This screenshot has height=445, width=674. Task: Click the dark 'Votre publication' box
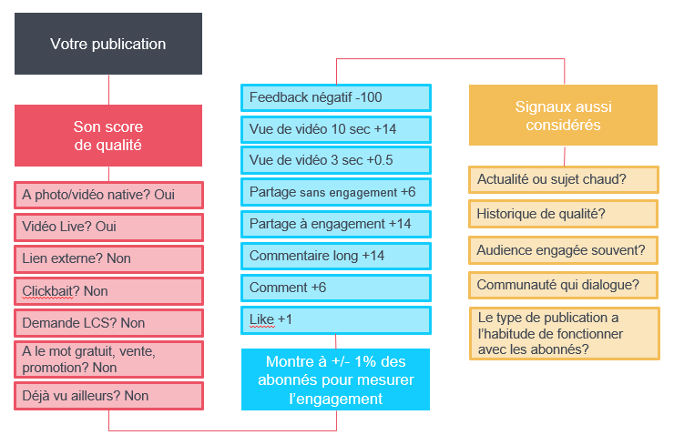click(x=108, y=44)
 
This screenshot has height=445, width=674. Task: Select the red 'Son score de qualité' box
click(x=108, y=136)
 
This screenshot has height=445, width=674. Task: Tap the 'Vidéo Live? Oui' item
click(x=108, y=227)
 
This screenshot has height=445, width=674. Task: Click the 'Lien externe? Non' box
click(x=108, y=258)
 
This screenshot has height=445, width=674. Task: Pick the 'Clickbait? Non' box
click(x=108, y=291)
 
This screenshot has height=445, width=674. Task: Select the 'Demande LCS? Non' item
click(x=108, y=322)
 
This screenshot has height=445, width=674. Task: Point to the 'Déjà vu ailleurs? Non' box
click(x=108, y=396)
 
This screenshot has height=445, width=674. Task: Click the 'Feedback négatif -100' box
click(x=336, y=97)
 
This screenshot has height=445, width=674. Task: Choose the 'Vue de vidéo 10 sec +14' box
click(x=336, y=129)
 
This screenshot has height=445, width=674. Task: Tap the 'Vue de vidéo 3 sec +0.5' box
click(x=336, y=160)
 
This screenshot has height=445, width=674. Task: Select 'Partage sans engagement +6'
click(x=336, y=192)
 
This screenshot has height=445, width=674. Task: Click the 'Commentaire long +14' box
click(x=336, y=256)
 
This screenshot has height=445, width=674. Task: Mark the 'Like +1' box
click(x=336, y=319)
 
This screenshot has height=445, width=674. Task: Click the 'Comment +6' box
click(x=336, y=288)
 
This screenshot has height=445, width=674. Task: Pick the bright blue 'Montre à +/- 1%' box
click(x=335, y=379)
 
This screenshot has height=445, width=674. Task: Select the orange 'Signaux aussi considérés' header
click(x=563, y=115)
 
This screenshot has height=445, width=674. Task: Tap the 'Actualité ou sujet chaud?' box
click(x=564, y=179)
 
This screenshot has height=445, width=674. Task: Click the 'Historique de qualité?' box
click(x=564, y=214)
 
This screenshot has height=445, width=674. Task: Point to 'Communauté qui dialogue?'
click(x=564, y=285)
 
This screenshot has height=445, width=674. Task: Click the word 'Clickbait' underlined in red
click(x=47, y=291)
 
